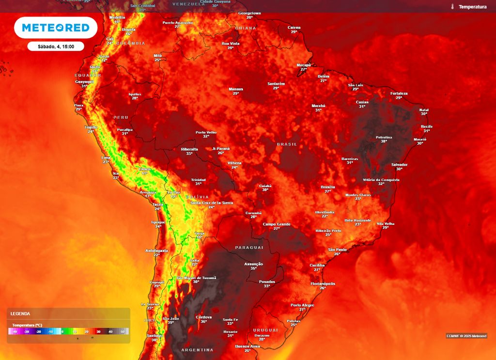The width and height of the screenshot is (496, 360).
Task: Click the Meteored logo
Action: pos(56,28)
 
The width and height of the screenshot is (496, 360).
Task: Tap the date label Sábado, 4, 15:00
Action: pos(56,47)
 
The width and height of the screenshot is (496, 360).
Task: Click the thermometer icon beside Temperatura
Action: pos(452,7)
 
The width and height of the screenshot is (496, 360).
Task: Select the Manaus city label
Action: pos(236,89)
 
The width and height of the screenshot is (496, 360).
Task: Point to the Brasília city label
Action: pos(328,187)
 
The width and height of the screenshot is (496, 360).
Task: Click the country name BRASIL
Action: pos(286,144)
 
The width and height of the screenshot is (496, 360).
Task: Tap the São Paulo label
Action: pos(337,250)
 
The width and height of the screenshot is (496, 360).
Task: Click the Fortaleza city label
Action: pos(399,94)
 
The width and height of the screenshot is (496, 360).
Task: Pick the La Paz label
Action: pos(173,192)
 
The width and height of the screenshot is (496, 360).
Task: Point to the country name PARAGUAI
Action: pos(249,248)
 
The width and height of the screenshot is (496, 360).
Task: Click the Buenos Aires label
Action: pos(247,346)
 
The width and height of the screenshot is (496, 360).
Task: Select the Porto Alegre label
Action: pos(302,305)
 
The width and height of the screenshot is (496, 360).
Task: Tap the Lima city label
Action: pos(106,157)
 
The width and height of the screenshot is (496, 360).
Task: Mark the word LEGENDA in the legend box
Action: pos(20,314)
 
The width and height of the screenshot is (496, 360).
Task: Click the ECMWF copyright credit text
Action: pos(466,336)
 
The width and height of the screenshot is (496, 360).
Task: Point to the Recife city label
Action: pos(427,126)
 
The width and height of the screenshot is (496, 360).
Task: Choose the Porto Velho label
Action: pos(206,132)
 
